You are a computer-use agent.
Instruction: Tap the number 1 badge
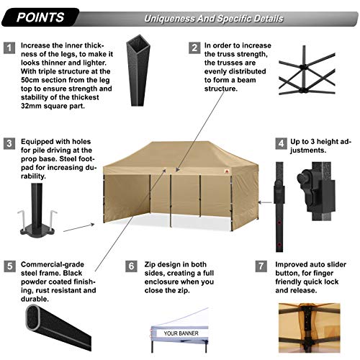[9, 48]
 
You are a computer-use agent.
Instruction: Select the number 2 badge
[194, 48]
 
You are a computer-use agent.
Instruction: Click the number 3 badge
[9, 143]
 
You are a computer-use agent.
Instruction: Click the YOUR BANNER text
[181, 333]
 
